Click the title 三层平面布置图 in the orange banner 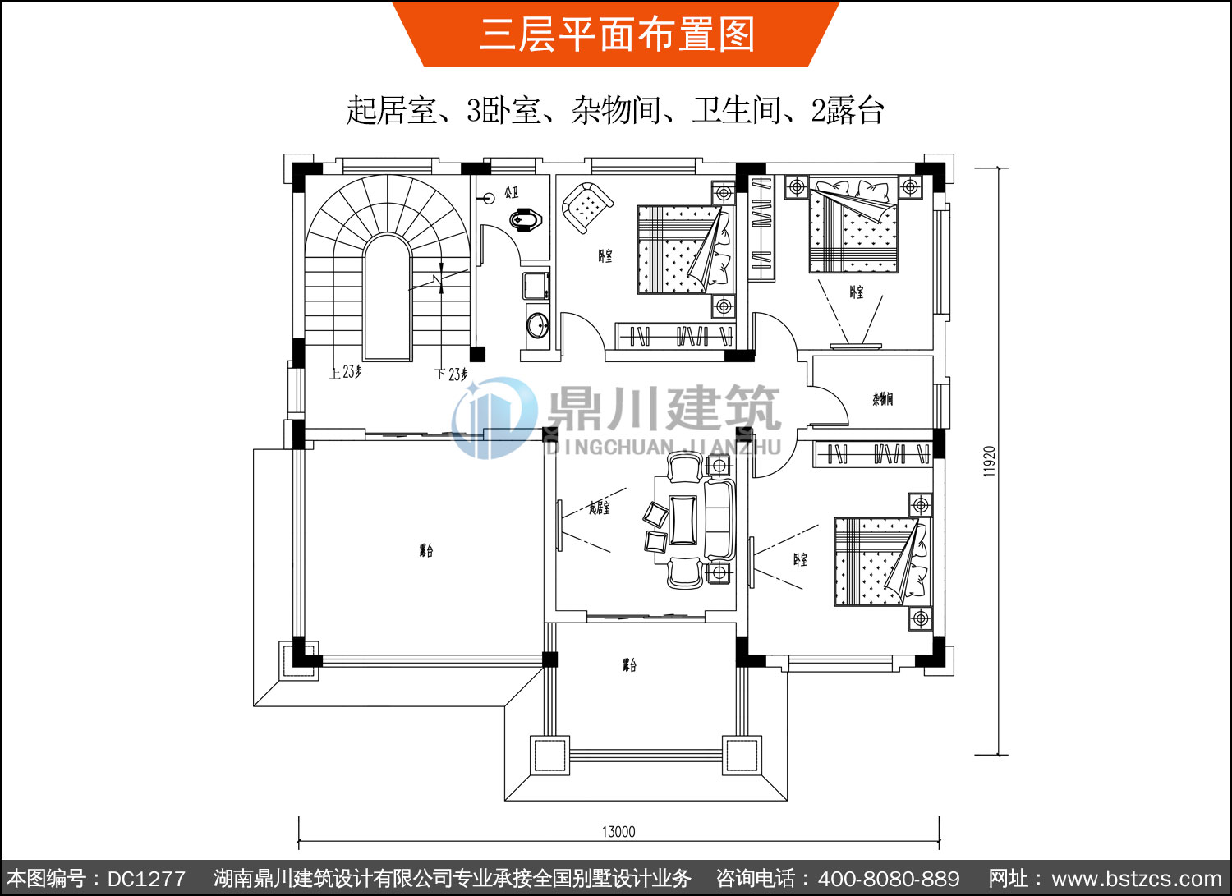616,34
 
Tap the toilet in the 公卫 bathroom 525,220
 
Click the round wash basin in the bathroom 538,324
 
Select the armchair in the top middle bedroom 586,206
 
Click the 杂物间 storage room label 882,400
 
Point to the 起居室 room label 600,508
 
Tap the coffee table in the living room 683,520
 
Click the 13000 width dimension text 618,832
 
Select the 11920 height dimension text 990,462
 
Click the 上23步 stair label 346,372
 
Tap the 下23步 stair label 451,374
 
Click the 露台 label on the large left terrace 425,550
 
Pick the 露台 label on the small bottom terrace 629,664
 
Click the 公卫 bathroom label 512,192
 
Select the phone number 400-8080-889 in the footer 889,879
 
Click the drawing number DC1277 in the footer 146,879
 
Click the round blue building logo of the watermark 493,417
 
